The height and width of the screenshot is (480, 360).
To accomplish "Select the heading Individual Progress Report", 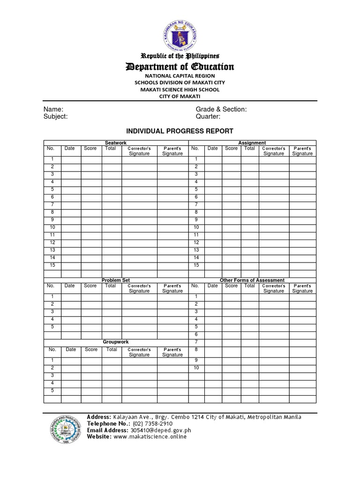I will click(x=180, y=131).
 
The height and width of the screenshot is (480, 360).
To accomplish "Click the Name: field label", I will click(x=53, y=109).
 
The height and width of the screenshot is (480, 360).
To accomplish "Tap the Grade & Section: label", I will click(x=221, y=109).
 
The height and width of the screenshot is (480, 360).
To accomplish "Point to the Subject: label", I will click(x=56, y=117).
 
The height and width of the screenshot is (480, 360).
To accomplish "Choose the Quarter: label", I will click(x=208, y=117).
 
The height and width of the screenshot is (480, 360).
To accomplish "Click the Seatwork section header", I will click(x=116, y=143).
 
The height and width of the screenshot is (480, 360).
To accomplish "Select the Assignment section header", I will click(x=252, y=143).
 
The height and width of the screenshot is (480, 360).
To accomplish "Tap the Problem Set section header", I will click(x=116, y=280).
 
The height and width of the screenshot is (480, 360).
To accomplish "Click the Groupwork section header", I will click(x=116, y=342).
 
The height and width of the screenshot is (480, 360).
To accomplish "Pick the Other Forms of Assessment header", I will click(x=252, y=280).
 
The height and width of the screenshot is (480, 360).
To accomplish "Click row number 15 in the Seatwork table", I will click(x=52, y=265).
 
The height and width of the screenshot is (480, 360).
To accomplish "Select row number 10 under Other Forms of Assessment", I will click(x=196, y=368).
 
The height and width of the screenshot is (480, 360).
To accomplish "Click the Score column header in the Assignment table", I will click(x=231, y=149).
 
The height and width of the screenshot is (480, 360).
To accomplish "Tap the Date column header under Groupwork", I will click(x=71, y=350).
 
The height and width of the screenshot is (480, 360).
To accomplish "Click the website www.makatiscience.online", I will click(x=150, y=436).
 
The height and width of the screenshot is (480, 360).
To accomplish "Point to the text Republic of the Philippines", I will click(x=180, y=56).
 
